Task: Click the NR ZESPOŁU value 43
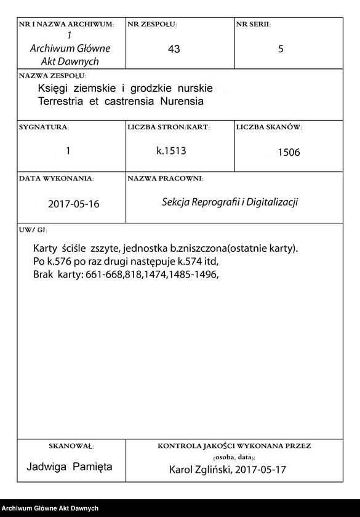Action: (174, 49)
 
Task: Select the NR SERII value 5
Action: (281, 49)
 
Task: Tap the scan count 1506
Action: (289, 153)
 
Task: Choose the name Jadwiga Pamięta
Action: (70, 467)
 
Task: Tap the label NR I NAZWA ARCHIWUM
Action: (66, 25)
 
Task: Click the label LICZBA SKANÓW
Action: (268, 127)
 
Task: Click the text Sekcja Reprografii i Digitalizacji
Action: (230, 202)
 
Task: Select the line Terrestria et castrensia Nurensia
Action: (120, 101)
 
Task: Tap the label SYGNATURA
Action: (44, 127)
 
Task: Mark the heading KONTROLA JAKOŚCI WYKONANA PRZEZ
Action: (234, 445)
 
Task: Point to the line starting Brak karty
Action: (126, 275)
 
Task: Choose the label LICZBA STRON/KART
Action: (169, 127)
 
